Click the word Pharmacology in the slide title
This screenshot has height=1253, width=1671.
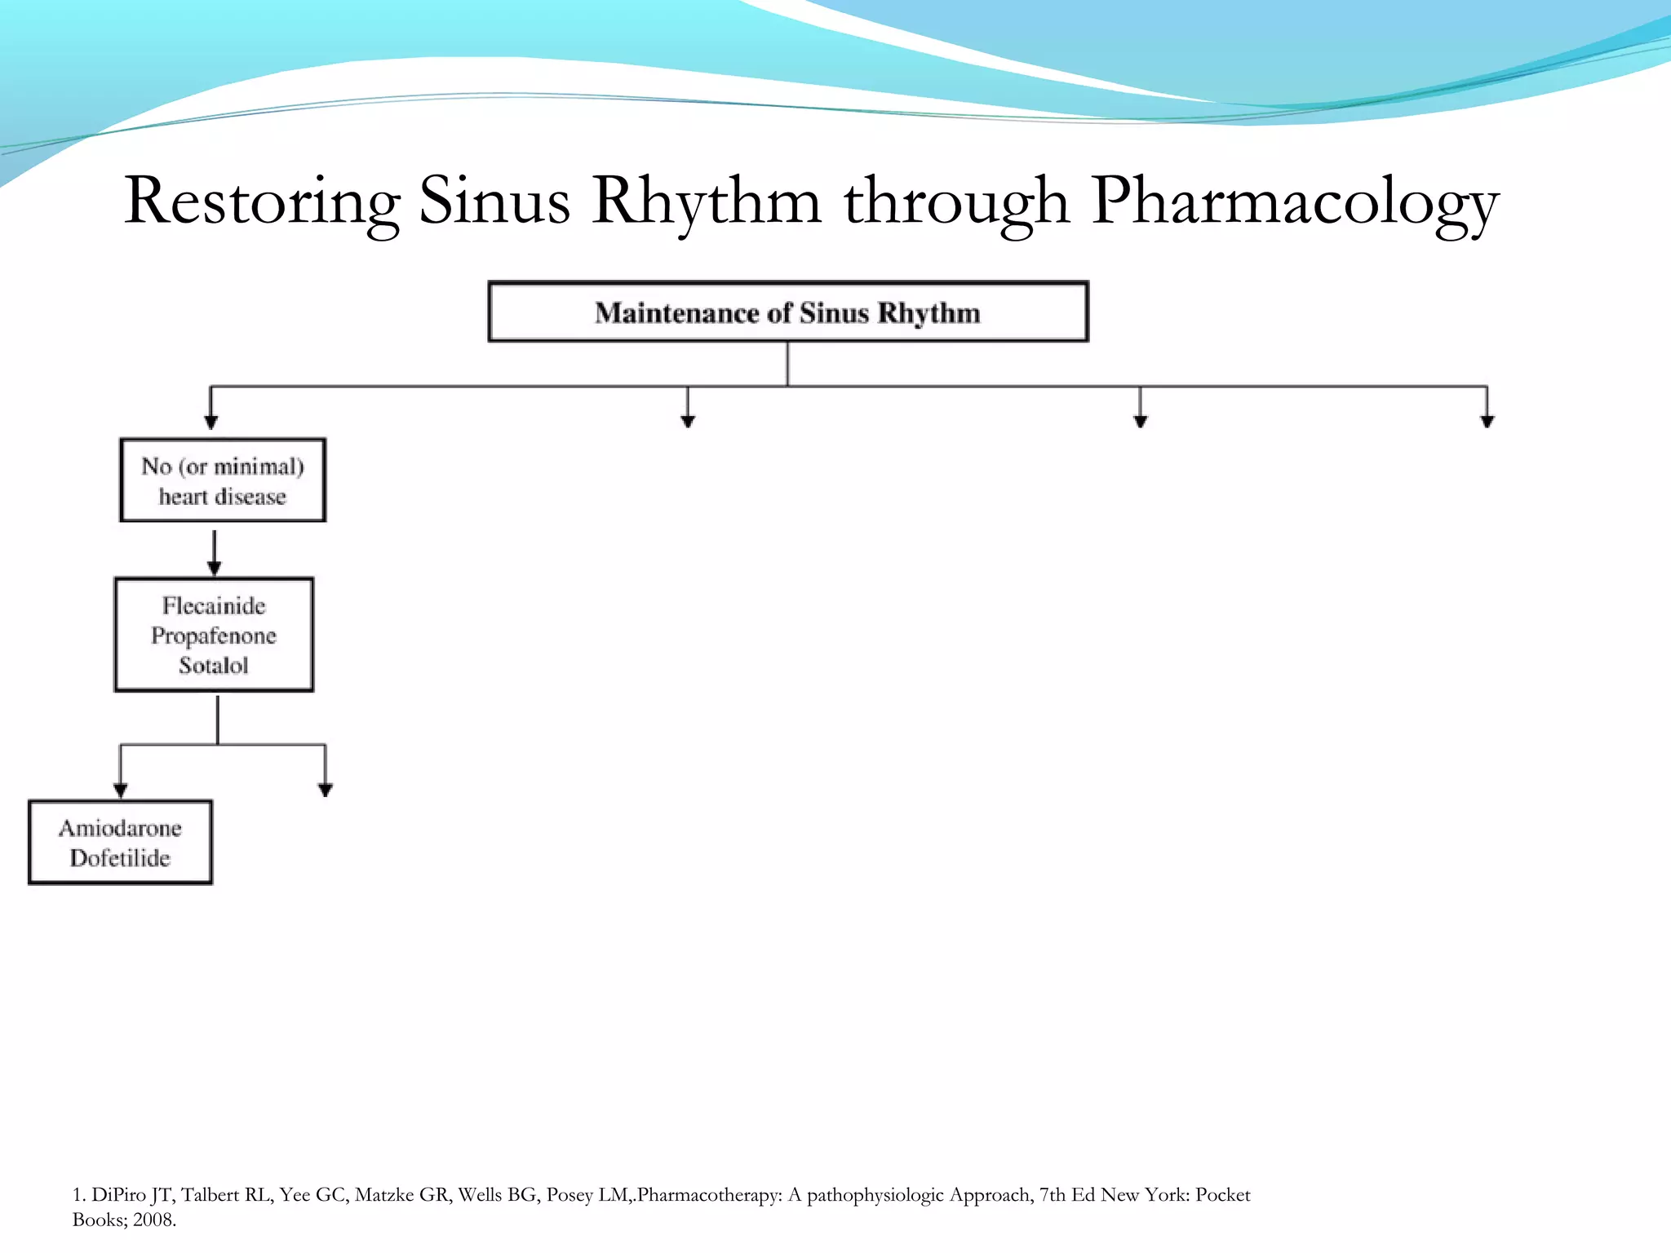[x=1295, y=201]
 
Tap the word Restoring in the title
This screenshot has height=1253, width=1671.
[x=262, y=201]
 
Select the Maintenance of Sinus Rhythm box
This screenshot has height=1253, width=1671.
[x=787, y=312]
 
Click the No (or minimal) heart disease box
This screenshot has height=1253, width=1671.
[x=223, y=480]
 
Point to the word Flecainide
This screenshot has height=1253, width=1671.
[x=214, y=605]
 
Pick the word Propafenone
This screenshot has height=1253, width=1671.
[x=214, y=635]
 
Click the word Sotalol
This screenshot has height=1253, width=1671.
[x=214, y=666]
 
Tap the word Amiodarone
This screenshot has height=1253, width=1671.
[x=120, y=828]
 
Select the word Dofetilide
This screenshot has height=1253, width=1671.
[x=120, y=858]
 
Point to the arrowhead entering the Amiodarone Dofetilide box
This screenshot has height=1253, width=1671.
[x=121, y=790]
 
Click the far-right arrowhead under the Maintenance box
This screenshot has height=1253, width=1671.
[x=1487, y=421]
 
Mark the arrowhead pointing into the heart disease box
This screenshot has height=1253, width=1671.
[x=211, y=422]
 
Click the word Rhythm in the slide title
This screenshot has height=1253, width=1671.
[x=707, y=201]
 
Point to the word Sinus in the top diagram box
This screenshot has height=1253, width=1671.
[x=835, y=312]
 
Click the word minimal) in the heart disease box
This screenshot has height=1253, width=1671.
[x=259, y=467]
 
